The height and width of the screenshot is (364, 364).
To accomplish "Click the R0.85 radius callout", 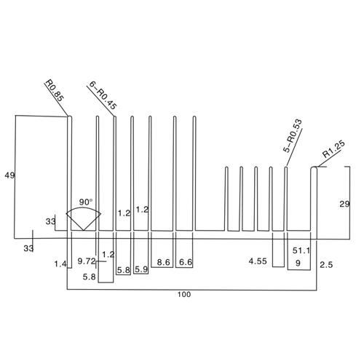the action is click(x=55, y=91).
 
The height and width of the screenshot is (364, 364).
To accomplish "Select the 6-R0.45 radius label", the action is click(x=103, y=95).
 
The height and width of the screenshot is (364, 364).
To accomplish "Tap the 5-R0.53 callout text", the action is click(x=293, y=135).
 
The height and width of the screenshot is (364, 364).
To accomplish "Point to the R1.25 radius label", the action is click(x=333, y=149).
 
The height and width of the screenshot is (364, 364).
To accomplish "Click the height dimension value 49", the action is click(x=9, y=175).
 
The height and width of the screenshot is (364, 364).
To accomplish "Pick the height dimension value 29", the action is click(x=344, y=205).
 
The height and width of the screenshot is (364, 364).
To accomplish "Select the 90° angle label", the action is click(x=86, y=202).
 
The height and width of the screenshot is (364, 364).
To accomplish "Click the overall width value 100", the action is click(x=184, y=294).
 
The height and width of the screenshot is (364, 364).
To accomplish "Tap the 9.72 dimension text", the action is click(x=87, y=261).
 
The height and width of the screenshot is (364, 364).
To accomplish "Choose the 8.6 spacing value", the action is click(x=163, y=262).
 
